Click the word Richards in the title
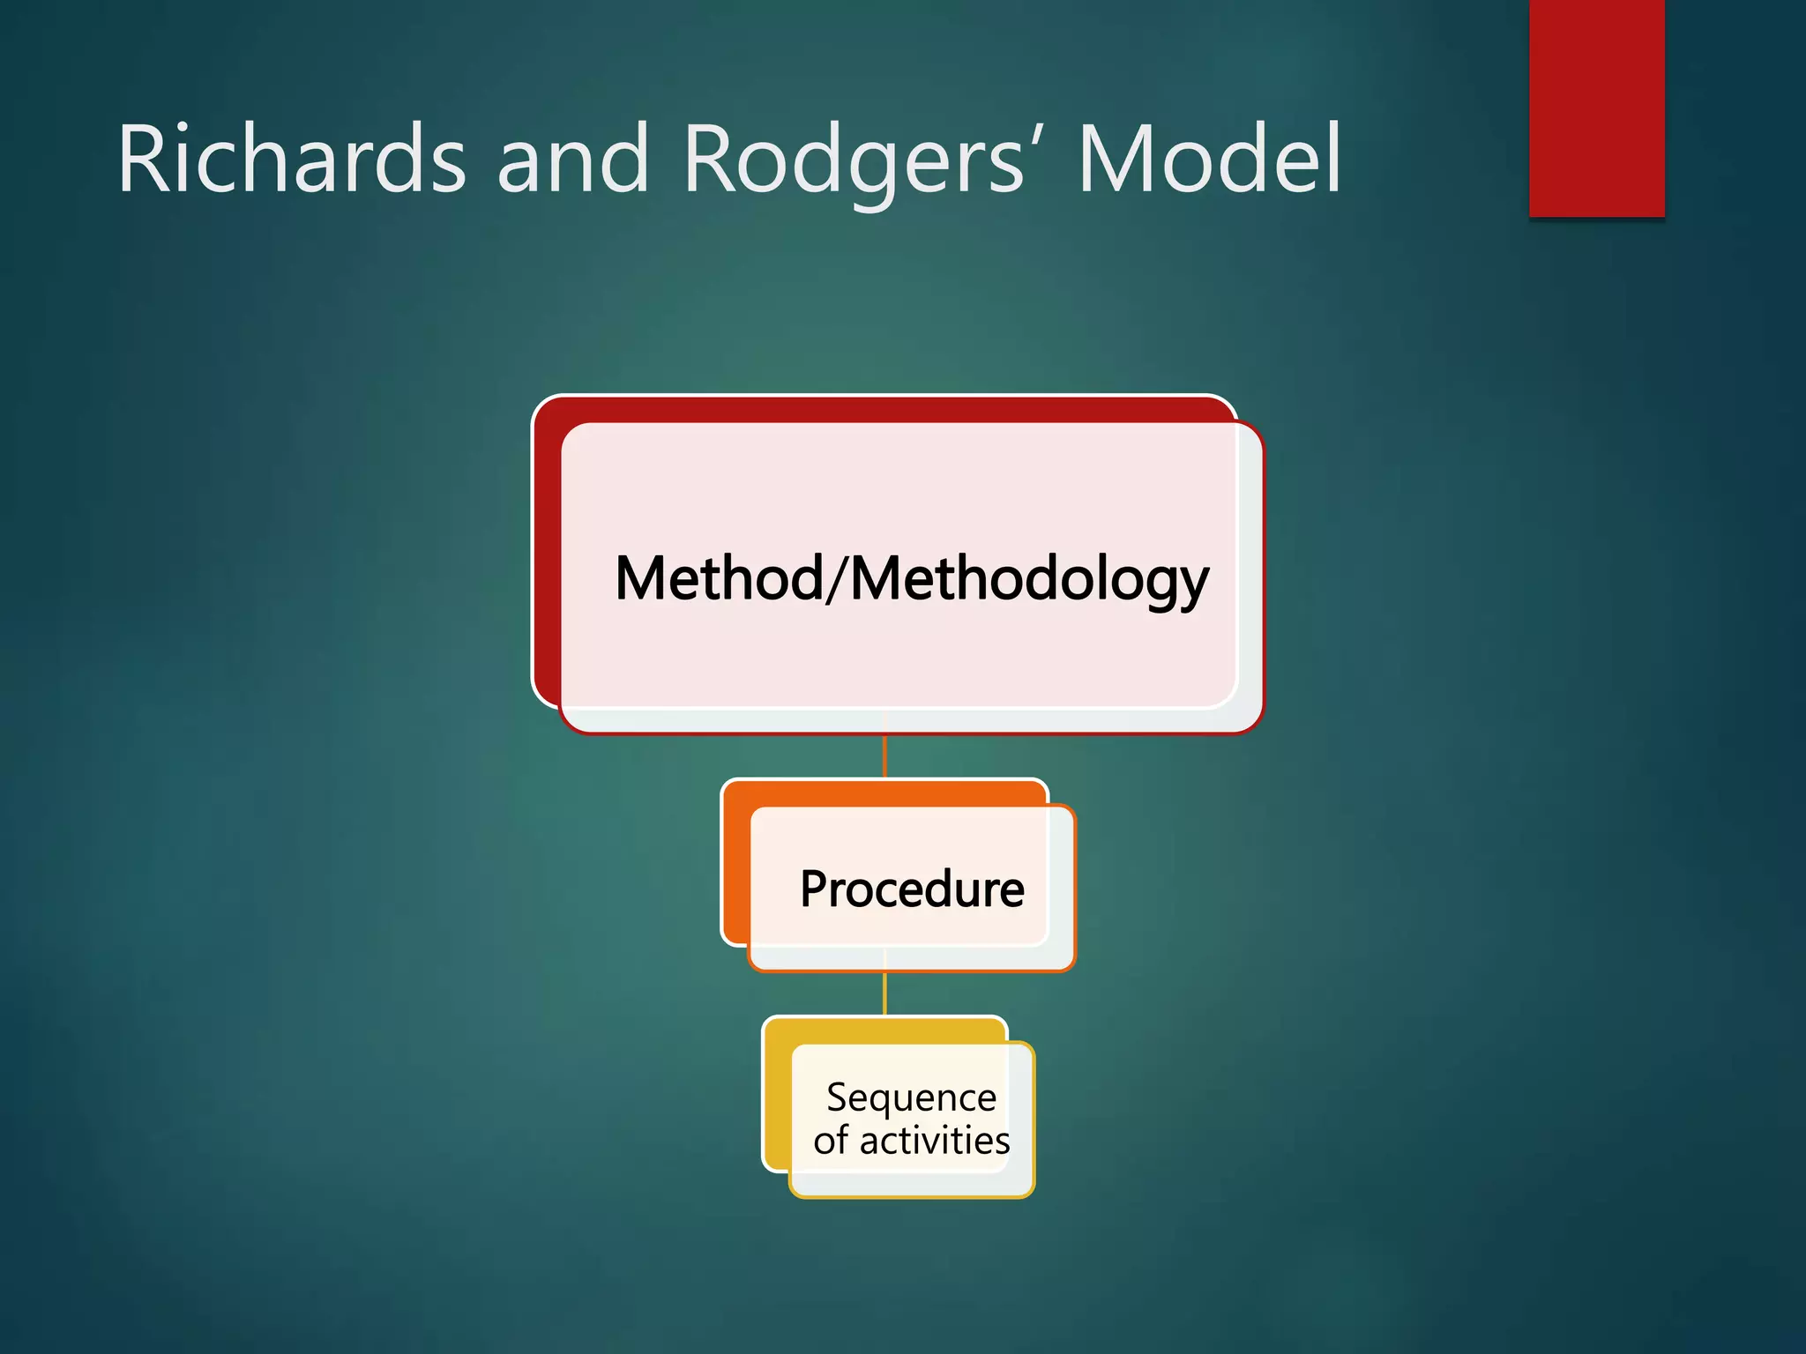(x=291, y=160)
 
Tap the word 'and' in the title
(x=572, y=160)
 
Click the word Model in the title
(x=1208, y=160)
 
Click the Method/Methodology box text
(x=912, y=579)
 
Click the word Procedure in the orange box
(x=912, y=889)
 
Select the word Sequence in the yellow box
(x=912, y=1098)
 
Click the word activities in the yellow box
(x=935, y=1141)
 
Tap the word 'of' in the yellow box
(x=831, y=1141)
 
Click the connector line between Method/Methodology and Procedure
(x=884, y=756)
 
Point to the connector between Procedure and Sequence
(x=884, y=993)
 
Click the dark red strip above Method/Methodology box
(x=882, y=409)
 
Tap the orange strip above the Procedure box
(x=882, y=792)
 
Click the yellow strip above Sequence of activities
(x=882, y=1030)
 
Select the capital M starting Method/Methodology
(x=641, y=579)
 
